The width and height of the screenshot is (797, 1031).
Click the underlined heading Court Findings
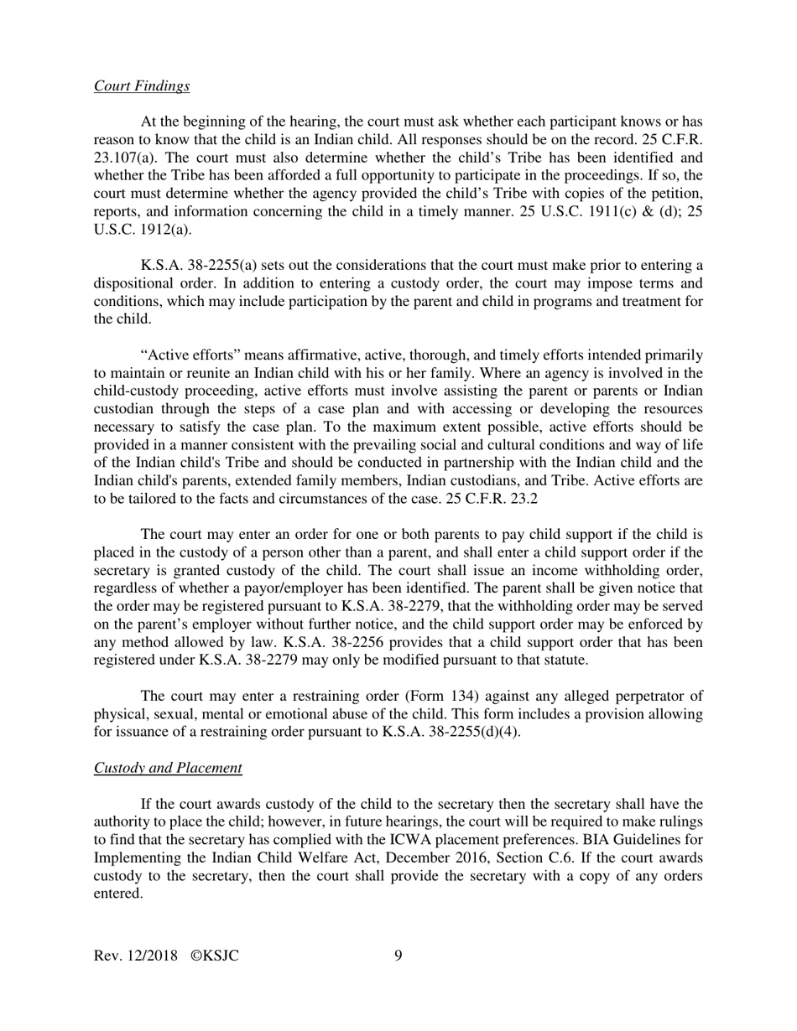pos(141,85)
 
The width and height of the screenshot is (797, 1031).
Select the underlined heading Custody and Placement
pos(168,768)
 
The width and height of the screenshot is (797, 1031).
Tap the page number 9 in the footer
pos(398,956)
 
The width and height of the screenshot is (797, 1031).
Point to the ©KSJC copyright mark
pos(215,956)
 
